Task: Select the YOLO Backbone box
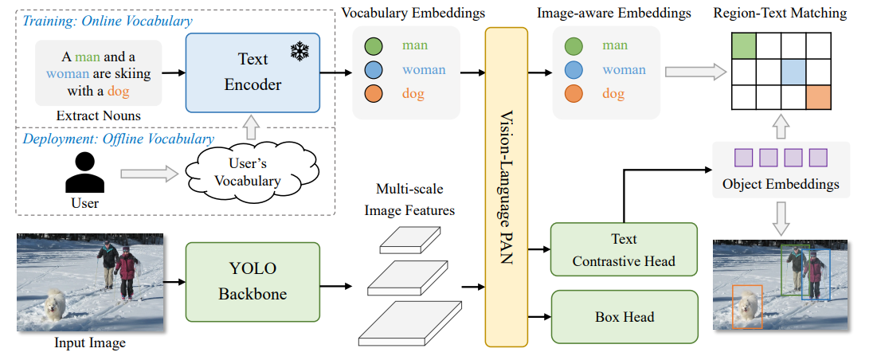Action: pyautogui.click(x=252, y=283)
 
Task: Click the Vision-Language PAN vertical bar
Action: pyautogui.click(x=506, y=187)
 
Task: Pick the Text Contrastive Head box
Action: pyautogui.click(x=624, y=250)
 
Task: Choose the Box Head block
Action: pyautogui.click(x=624, y=317)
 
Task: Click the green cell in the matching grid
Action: pyautogui.click(x=743, y=46)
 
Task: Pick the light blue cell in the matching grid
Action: pyautogui.click(x=793, y=72)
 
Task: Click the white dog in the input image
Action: pyautogui.click(x=55, y=304)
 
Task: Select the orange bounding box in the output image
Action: pyautogui.click(x=747, y=307)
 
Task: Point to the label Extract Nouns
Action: pyautogui.click(x=99, y=116)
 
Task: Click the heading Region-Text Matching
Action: pyautogui.click(x=780, y=14)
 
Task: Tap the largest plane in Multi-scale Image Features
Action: pyautogui.click(x=410, y=323)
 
